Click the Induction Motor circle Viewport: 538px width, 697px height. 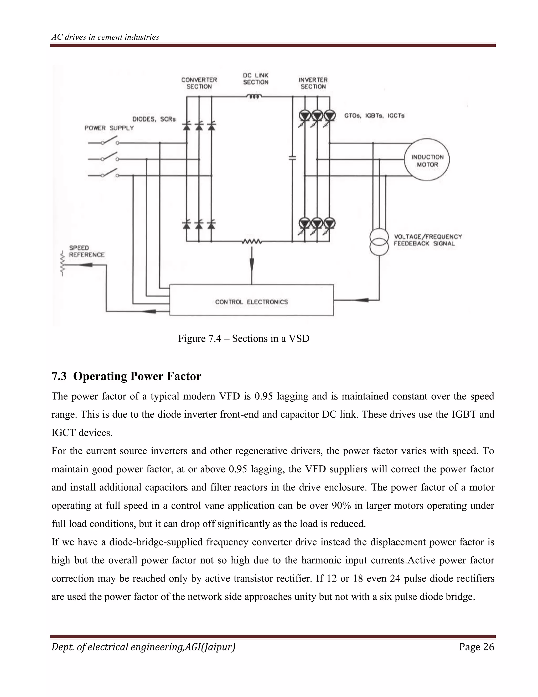(427, 160)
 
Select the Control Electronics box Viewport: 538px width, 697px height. (251, 300)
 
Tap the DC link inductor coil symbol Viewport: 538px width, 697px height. (254, 96)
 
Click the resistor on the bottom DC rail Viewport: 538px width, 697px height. (252, 242)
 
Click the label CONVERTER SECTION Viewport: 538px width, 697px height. (199, 83)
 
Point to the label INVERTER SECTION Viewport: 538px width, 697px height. (313, 83)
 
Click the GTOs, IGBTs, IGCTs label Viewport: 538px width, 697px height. (374, 115)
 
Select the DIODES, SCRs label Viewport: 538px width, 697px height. (154, 119)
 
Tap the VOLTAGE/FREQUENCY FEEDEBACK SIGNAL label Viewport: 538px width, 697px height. (427, 240)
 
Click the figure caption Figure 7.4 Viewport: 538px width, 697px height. (244, 338)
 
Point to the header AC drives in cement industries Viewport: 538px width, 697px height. (105, 37)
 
